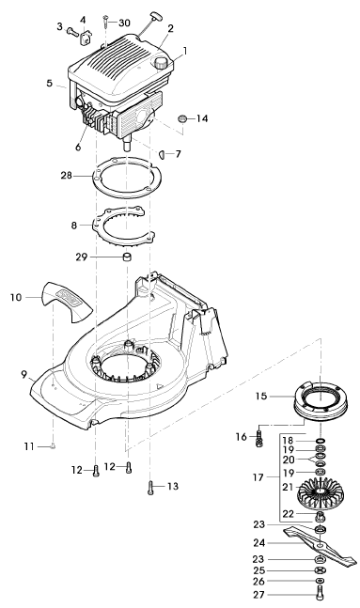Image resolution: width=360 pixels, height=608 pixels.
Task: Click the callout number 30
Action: (124, 23)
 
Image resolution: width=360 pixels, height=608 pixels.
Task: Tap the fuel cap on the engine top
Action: (161, 63)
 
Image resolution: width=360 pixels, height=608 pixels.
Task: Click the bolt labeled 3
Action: (72, 31)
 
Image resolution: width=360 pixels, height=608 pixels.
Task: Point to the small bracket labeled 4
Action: (86, 38)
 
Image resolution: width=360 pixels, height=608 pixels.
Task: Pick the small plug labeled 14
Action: (182, 118)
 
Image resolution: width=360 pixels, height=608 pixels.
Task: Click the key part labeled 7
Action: (163, 154)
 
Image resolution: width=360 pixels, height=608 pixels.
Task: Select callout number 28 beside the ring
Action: (67, 176)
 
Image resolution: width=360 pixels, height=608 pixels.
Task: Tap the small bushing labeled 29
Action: (127, 257)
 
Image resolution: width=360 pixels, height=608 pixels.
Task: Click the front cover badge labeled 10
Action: (66, 302)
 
